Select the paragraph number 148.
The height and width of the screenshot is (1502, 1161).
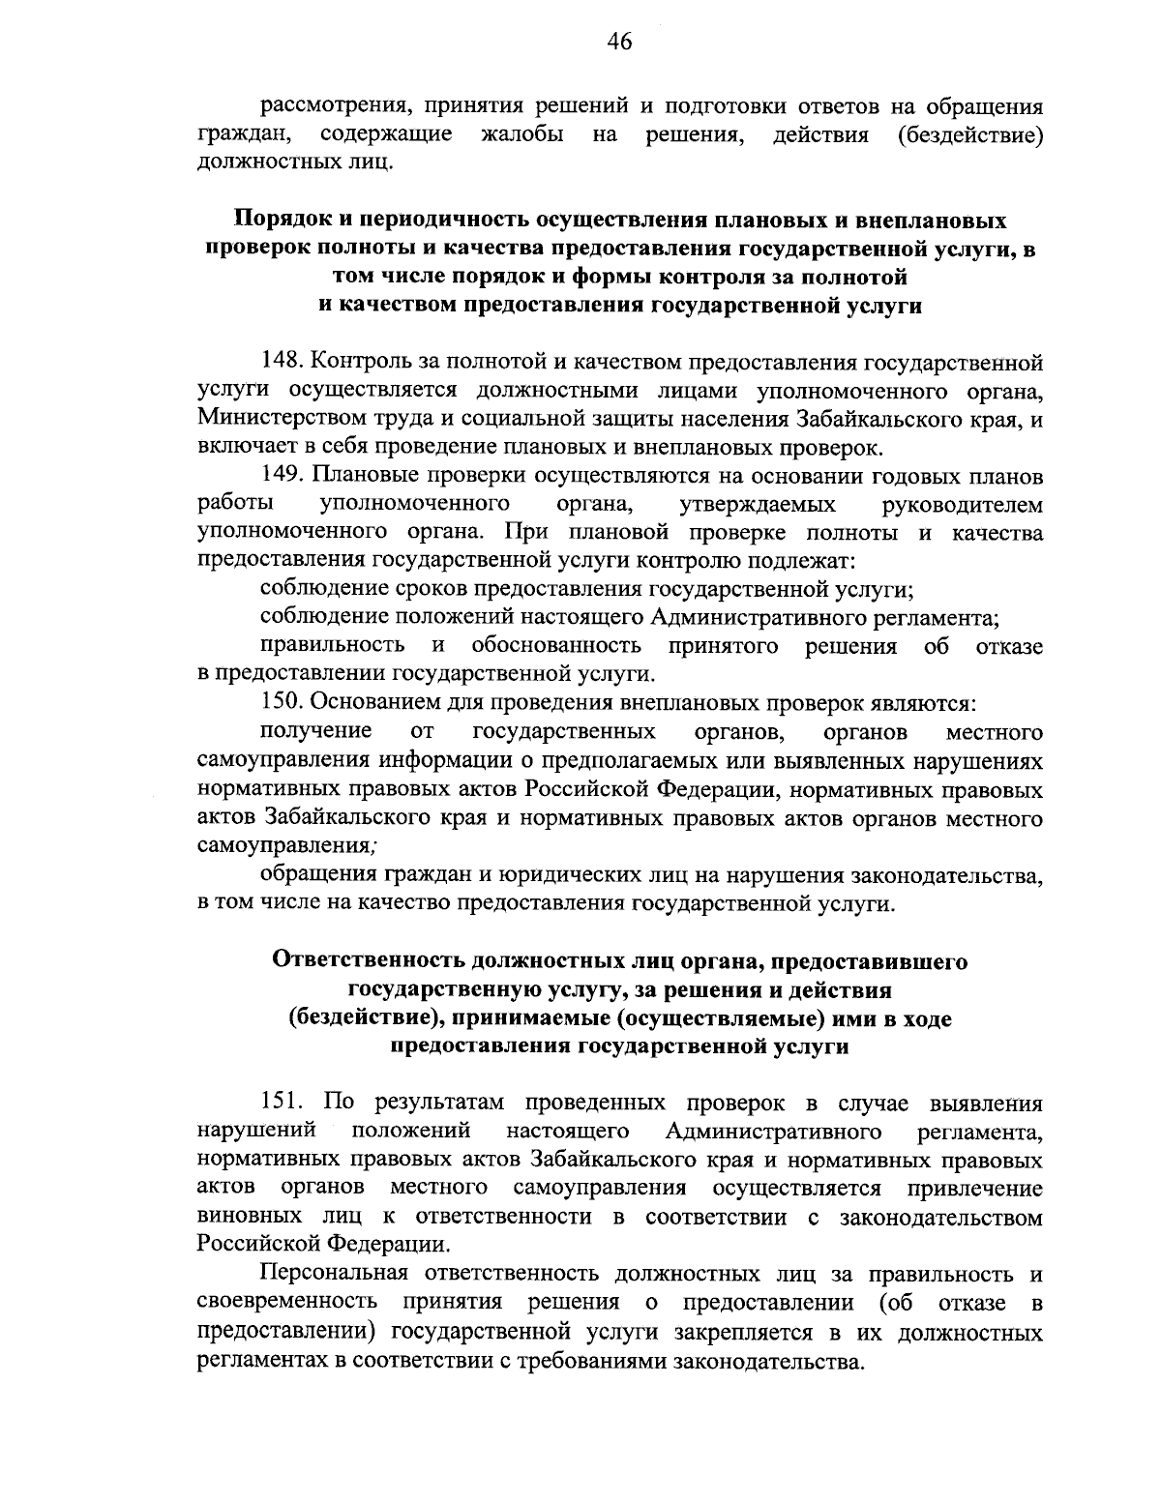[282, 364]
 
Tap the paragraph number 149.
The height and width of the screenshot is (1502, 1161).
[282, 477]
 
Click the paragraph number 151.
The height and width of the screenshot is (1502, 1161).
[282, 1103]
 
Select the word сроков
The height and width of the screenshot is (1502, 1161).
[428, 590]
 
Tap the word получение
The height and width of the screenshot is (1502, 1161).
[316, 731]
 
